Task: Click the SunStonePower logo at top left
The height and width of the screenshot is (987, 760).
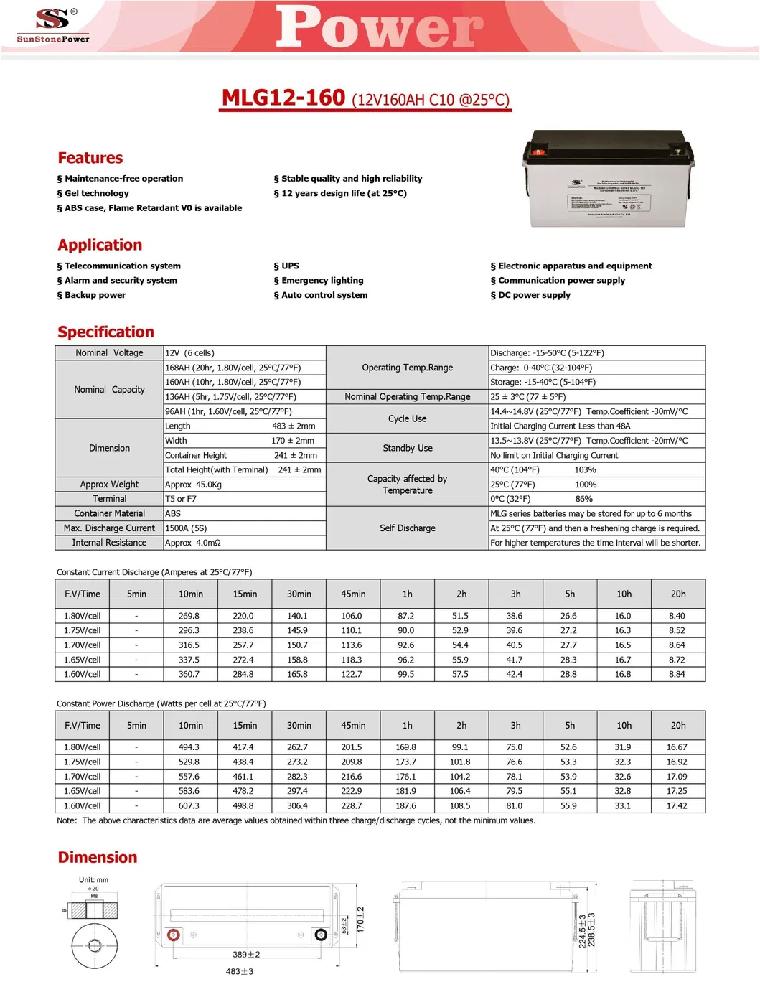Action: click(x=53, y=25)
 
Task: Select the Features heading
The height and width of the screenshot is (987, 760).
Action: click(x=90, y=158)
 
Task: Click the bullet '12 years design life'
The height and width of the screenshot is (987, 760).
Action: click(x=340, y=193)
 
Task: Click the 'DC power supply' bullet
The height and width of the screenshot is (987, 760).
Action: click(x=531, y=295)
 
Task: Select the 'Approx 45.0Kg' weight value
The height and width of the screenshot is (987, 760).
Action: click(x=193, y=485)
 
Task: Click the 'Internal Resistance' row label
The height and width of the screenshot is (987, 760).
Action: click(x=109, y=543)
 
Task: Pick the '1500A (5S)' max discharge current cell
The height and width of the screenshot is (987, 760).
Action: click(x=186, y=528)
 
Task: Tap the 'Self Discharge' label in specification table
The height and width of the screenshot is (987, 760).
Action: click(x=407, y=528)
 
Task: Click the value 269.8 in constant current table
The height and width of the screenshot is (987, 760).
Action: click(x=189, y=616)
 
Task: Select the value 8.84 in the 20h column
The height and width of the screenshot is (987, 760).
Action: click(x=677, y=674)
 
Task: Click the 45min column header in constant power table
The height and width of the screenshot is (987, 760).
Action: click(x=353, y=726)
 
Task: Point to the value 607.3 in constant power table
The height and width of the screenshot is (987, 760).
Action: click(x=189, y=805)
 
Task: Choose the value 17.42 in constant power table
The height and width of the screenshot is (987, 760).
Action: click(x=677, y=805)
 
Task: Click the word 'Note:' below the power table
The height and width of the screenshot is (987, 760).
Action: click(x=67, y=820)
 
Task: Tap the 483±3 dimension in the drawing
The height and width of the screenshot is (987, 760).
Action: click(x=240, y=971)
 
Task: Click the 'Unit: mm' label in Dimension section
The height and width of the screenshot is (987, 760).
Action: click(x=93, y=879)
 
